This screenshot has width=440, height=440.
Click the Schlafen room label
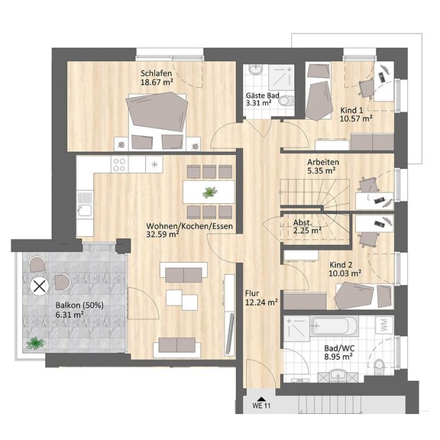pyautogui.click(x=157, y=73)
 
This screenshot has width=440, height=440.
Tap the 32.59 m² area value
pyautogui.click(x=163, y=235)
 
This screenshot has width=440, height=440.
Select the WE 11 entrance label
pyautogui.click(x=261, y=406)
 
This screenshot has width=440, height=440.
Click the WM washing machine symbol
pyautogui.click(x=384, y=325)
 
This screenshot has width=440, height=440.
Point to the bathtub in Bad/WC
pyautogui.click(x=335, y=326)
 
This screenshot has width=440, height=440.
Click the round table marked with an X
pyautogui.click(x=40, y=286)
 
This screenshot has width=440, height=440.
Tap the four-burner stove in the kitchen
pyautogui.click(x=119, y=164)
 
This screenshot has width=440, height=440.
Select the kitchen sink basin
pyautogui.click(x=85, y=209)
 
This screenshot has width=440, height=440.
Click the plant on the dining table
pyautogui.click(x=209, y=192)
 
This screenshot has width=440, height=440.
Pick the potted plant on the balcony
pyautogui.click(x=35, y=343)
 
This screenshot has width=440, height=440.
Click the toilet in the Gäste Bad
pyautogui.click(x=286, y=100)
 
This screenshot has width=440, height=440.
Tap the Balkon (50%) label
pyautogui.click(x=79, y=305)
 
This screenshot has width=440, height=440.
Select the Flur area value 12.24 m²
pyautogui.click(x=261, y=302)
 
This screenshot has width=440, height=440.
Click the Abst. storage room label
pyautogui.click(x=302, y=222)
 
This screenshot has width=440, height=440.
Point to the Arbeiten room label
pyautogui.click(x=323, y=162)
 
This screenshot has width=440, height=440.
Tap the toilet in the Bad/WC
pyautogui.click(x=380, y=367)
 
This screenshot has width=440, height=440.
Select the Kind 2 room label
pyautogui.click(x=341, y=264)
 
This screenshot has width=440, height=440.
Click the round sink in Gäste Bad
pyautogui.click(x=255, y=70)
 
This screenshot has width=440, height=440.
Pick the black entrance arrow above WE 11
pyautogui.click(x=261, y=399)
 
